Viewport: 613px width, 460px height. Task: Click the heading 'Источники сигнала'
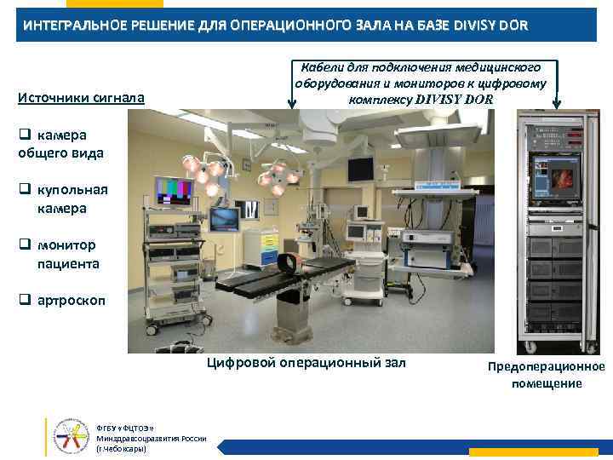click(82, 100)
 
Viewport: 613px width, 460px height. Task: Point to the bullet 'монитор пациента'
click(68, 254)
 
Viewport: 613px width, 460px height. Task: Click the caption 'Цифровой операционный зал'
click(306, 363)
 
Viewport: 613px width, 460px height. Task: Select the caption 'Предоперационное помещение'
click(546, 375)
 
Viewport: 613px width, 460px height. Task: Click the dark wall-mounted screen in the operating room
click(359, 170)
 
